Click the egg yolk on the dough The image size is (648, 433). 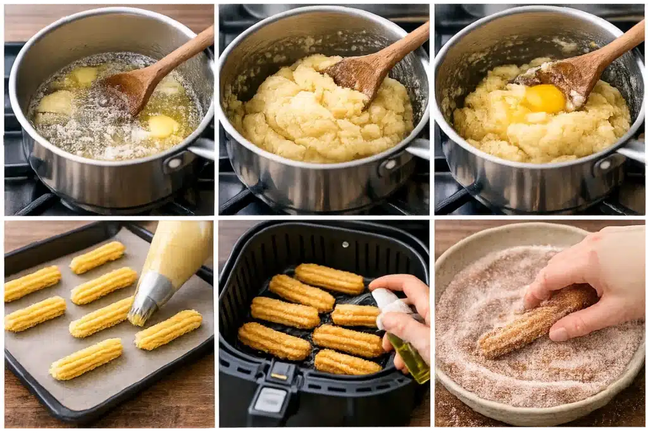[543, 99]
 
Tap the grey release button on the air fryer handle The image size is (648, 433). [271, 400]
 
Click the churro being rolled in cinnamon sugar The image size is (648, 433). [535, 321]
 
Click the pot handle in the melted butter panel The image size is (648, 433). [201, 149]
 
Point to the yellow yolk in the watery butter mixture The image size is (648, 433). [162, 126]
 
